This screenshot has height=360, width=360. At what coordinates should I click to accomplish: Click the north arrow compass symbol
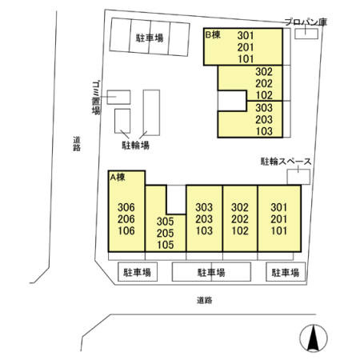point(314,338)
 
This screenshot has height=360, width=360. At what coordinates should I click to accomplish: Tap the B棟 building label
point(213,34)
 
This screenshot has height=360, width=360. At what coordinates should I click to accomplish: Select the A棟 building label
point(118,177)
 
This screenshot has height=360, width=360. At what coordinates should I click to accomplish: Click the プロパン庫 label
point(306,22)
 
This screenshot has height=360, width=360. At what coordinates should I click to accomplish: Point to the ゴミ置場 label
point(96,98)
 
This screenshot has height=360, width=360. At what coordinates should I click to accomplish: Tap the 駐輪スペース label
point(286,162)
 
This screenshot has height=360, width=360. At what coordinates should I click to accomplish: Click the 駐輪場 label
point(135,146)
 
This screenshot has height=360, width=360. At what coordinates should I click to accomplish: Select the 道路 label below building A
point(205,300)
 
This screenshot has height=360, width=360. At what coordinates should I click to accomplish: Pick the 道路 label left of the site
point(77,144)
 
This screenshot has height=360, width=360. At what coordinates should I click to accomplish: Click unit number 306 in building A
point(126,207)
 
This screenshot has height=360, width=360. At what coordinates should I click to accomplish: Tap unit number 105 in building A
point(166,245)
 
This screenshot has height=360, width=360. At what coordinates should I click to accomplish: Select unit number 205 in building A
point(166,233)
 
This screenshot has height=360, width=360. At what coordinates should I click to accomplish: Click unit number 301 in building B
point(246,35)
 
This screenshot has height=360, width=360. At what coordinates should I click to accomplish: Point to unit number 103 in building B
point(264,131)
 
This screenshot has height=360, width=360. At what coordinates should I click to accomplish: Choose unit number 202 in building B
point(264,83)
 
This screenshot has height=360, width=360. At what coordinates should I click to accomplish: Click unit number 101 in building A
point(279,230)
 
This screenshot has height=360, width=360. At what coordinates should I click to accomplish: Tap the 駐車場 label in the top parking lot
point(150,38)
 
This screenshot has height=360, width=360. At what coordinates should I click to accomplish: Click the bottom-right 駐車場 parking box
point(286,272)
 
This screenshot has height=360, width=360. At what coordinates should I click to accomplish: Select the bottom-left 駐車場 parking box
point(138,272)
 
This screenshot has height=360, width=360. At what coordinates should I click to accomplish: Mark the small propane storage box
point(306,34)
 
